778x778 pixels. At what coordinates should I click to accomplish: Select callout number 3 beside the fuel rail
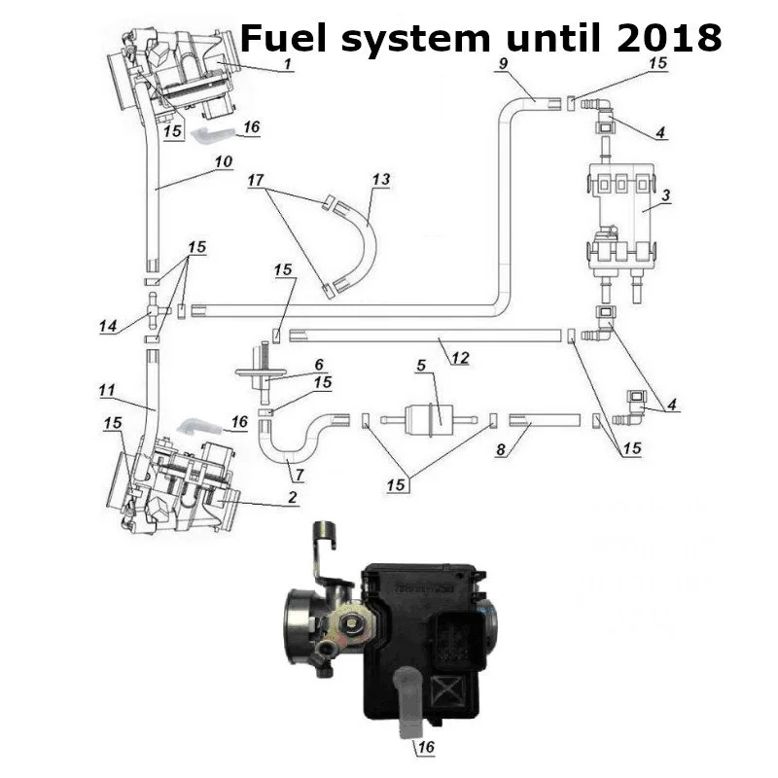point(666,195)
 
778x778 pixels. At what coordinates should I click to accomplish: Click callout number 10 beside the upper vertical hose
point(224,162)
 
